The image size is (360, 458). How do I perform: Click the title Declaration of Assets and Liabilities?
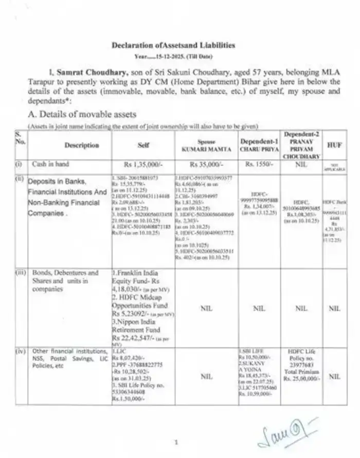pyautogui.click(x=173, y=45)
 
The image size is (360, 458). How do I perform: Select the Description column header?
pyautogui.click(x=82, y=145)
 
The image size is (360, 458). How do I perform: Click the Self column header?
pyautogui.click(x=143, y=145)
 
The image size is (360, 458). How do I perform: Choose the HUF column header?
pyautogui.click(x=334, y=145)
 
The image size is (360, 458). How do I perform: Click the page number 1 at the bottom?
pyautogui.click(x=176, y=441)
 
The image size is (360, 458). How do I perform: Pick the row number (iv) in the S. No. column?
pyautogui.click(x=20, y=352)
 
